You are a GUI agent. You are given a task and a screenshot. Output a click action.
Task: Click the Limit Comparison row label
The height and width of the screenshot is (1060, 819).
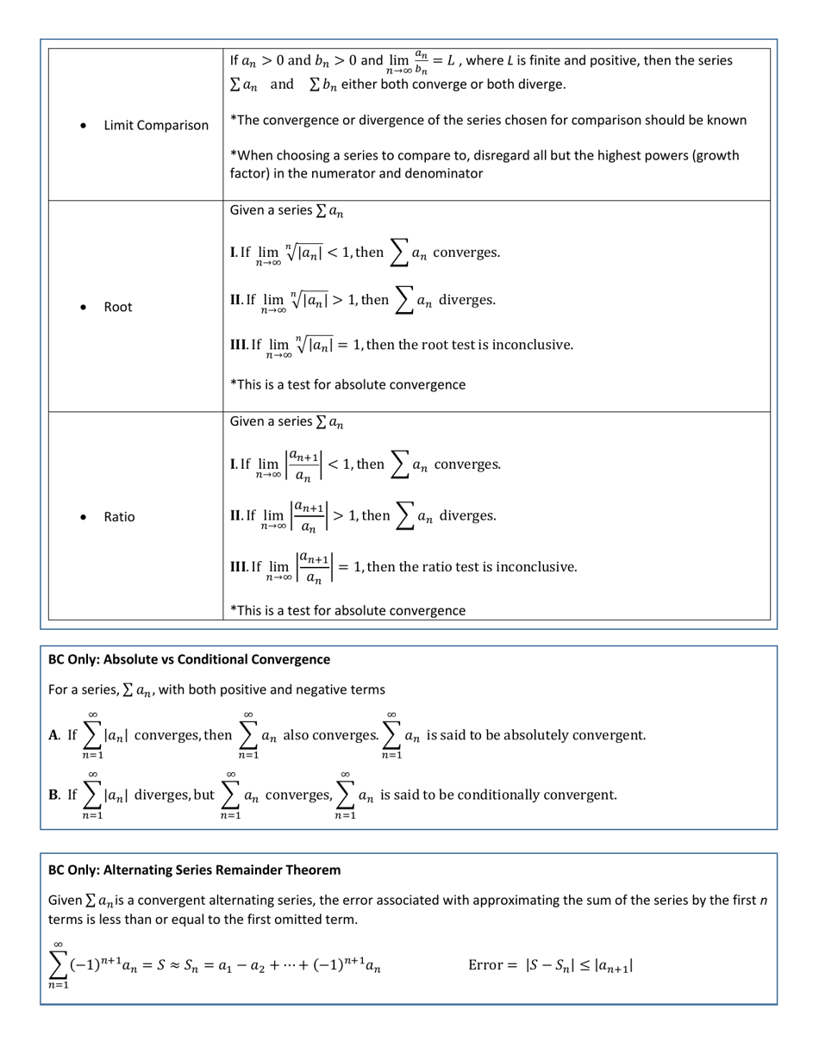click(156, 126)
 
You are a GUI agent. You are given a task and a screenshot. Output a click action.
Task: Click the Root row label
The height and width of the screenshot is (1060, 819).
click(118, 307)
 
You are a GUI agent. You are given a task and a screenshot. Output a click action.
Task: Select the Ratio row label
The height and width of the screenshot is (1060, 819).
click(119, 517)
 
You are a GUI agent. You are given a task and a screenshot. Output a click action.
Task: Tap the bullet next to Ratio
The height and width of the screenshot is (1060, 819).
click(82, 517)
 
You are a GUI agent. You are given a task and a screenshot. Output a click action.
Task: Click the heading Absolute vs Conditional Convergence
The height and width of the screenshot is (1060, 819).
click(189, 659)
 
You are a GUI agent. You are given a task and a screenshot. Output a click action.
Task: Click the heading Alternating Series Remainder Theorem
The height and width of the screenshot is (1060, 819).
click(194, 869)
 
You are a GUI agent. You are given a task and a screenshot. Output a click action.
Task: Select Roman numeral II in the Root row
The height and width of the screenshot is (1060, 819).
click(236, 300)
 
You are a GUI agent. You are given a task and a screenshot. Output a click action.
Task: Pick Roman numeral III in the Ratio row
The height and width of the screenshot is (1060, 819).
click(239, 567)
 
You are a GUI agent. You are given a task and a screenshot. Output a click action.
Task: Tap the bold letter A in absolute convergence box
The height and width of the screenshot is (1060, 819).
click(53, 735)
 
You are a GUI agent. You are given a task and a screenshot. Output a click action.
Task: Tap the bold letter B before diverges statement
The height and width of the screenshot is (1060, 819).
click(53, 794)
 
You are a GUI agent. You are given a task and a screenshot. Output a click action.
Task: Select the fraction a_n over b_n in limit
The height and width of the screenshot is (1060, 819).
click(420, 62)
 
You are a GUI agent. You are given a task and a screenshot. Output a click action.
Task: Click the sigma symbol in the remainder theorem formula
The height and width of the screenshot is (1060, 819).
click(58, 964)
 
